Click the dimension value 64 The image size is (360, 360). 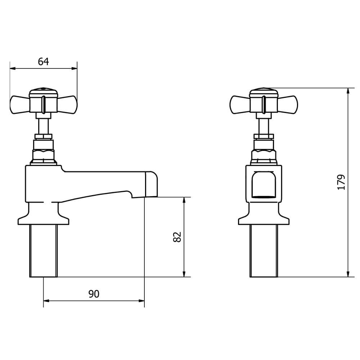43,62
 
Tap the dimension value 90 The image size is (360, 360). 94,294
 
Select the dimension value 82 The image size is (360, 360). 177,237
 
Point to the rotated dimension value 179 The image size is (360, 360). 341,182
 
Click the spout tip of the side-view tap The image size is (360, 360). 152,184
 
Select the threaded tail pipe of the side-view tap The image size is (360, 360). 43,250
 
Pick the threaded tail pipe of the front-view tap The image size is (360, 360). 264,250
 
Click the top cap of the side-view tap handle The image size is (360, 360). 43,90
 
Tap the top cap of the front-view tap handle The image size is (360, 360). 264,90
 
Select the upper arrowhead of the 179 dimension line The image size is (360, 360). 348,91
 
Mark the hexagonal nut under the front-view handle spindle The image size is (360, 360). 264,154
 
